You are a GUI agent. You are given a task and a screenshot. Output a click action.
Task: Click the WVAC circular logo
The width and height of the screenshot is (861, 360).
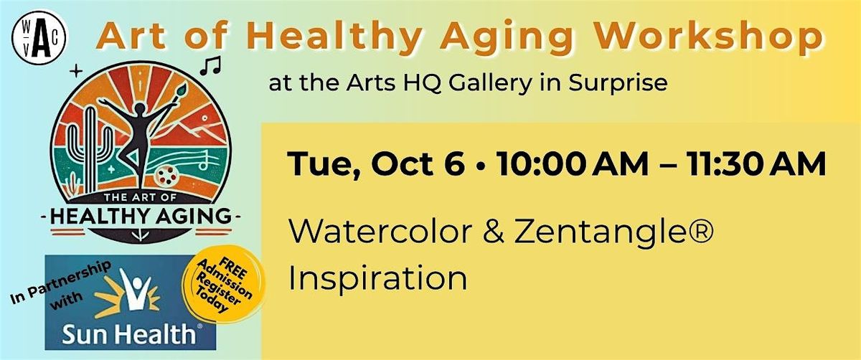(39, 37)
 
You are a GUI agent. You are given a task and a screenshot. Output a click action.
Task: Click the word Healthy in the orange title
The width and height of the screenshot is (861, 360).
(331, 37)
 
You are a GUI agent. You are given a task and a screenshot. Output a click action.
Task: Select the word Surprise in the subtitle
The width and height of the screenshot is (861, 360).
(618, 84)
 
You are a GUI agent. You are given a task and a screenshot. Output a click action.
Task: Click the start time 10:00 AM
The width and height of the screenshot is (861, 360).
(573, 164)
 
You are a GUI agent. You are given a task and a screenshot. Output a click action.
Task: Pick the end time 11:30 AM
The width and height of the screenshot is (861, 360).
(756, 164)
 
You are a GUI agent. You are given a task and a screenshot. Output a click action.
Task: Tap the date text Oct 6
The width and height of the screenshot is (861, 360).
(418, 164)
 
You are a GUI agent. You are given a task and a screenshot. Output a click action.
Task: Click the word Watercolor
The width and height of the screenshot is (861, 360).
(380, 232)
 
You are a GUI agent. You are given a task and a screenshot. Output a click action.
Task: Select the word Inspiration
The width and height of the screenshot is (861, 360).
(378, 278)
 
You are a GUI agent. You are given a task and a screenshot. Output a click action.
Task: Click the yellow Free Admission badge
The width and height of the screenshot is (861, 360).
(224, 284)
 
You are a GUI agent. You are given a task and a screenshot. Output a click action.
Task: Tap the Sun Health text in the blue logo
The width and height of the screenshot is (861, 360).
(129, 334)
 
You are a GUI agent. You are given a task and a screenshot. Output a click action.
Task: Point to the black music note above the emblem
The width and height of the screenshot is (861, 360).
(211, 65)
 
